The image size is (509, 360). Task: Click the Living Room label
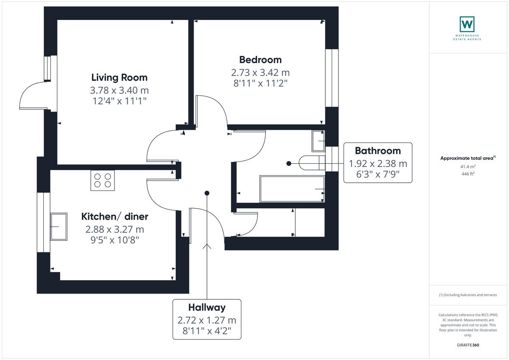[x=119, y=78]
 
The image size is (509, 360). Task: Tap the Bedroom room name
[x=260, y=60]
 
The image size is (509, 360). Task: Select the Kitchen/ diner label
[x=115, y=217]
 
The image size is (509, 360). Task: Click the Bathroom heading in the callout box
[x=378, y=151]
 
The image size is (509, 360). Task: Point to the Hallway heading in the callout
[x=207, y=307]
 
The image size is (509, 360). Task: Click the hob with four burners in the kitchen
[x=103, y=180]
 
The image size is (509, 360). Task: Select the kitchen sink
[x=59, y=226]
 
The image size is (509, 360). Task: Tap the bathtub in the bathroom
[x=292, y=189]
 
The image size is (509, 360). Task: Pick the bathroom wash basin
[x=318, y=141]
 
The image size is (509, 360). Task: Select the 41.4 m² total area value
[x=467, y=167]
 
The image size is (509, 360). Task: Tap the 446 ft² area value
[x=467, y=173]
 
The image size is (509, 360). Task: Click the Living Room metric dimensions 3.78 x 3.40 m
[x=119, y=90]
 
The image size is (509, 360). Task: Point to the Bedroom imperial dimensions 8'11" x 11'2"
[x=260, y=83]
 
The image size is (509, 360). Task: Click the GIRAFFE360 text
[x=467, y=345]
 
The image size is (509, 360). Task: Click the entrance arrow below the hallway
[x=207, y=248]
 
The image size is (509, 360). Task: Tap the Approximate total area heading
[x=467, y=158]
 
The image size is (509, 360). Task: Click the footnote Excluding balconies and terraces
[x=467, y=295]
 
